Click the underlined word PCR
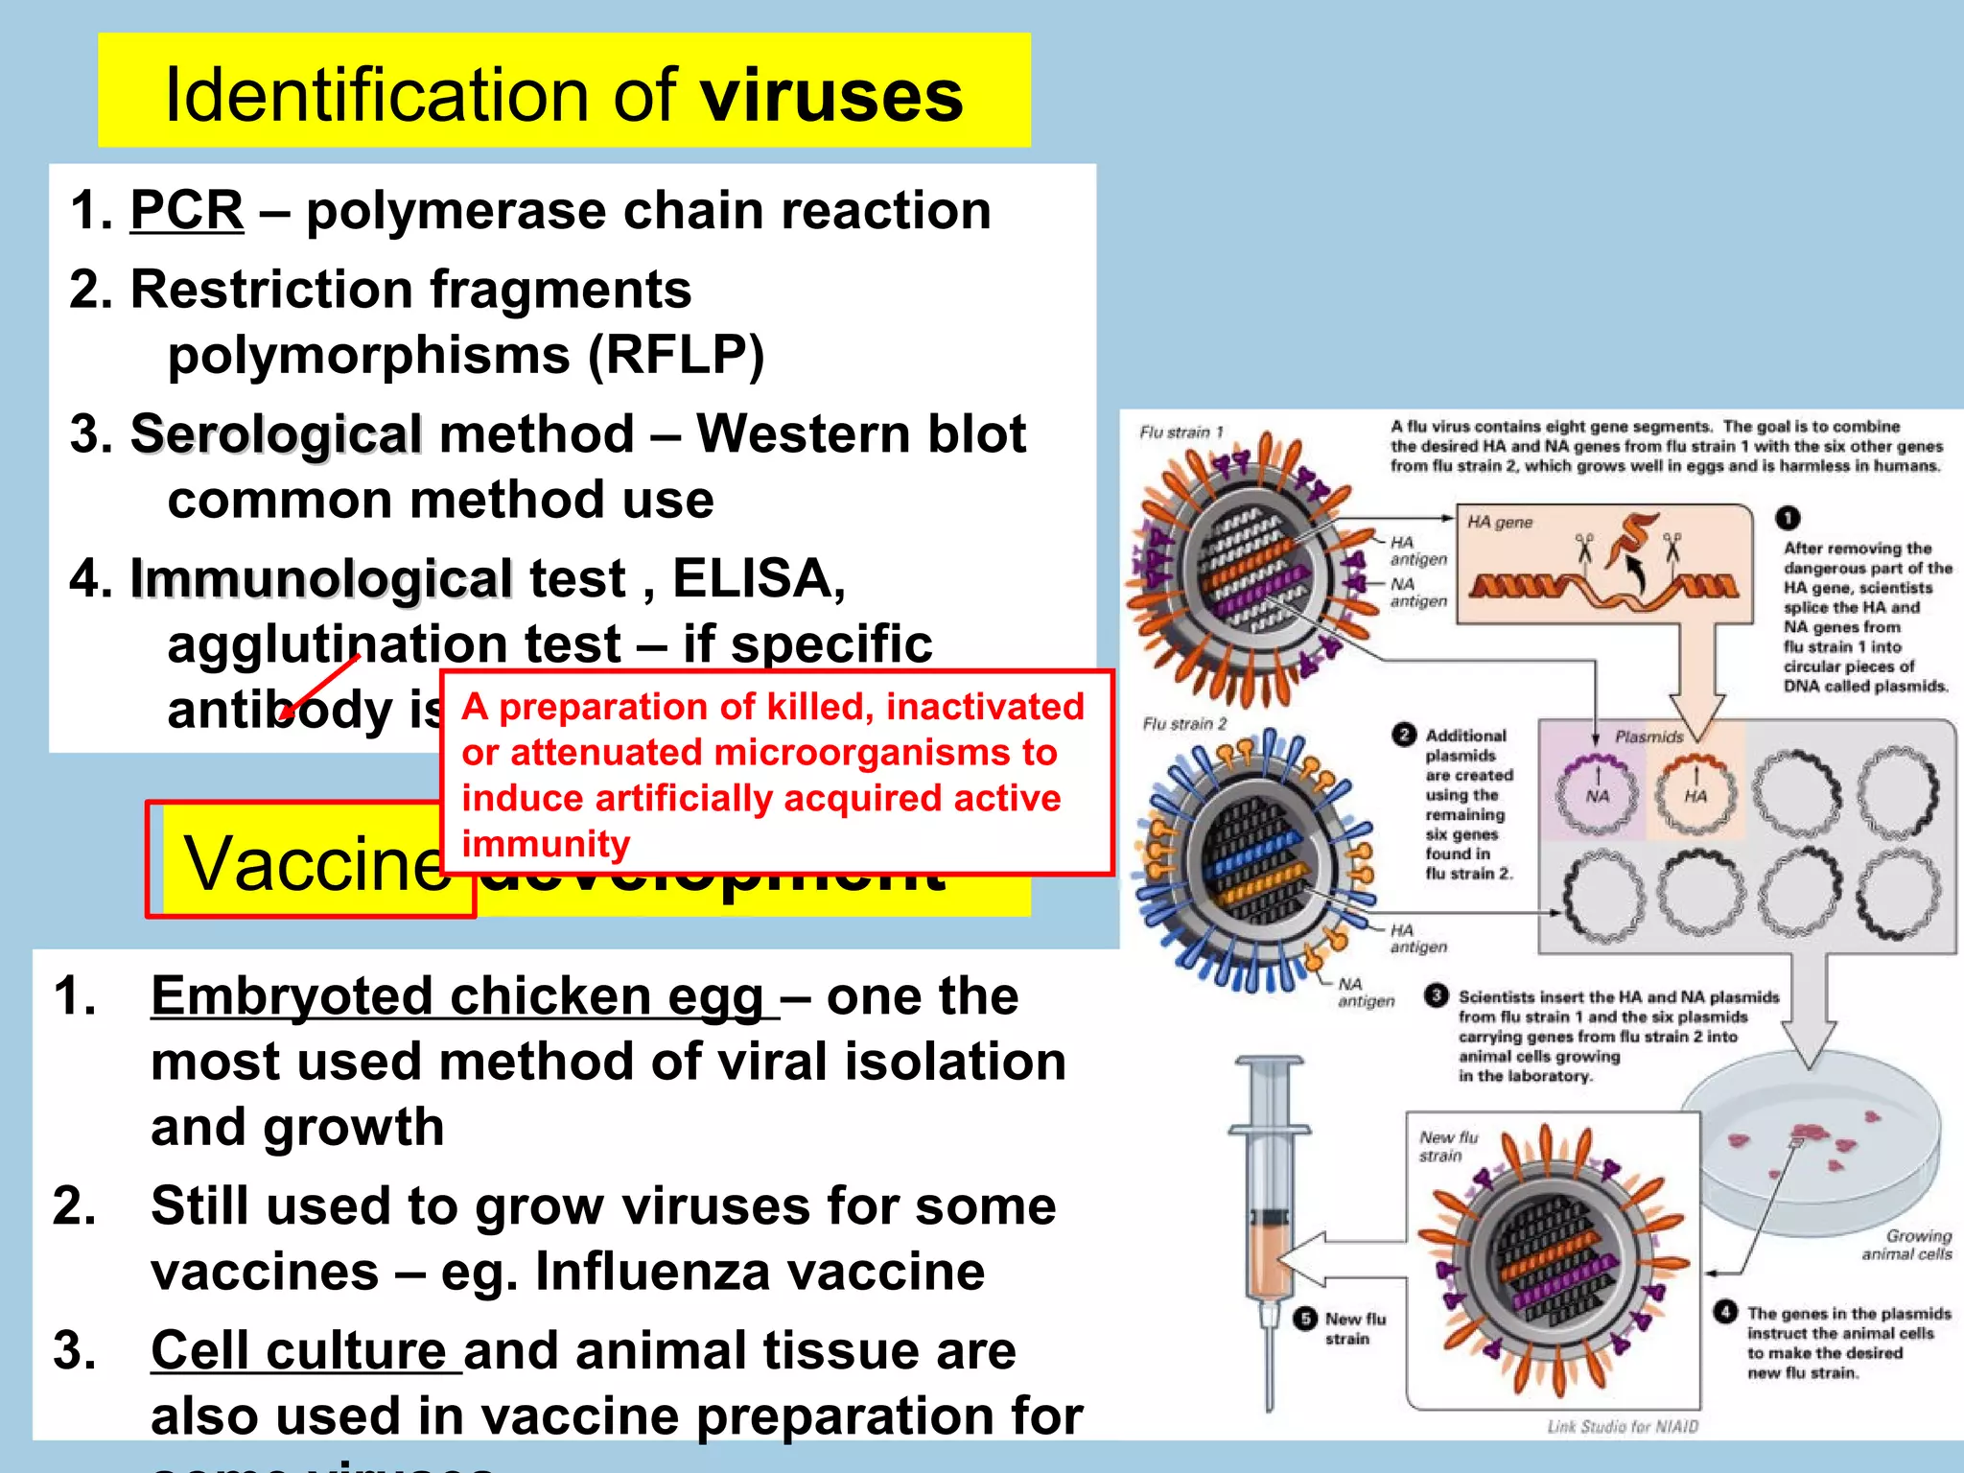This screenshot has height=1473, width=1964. [186, 210]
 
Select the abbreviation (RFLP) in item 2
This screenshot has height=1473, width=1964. [676, 356]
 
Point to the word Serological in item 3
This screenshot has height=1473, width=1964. [276, 434]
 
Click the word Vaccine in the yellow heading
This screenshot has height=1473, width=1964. [317, 863]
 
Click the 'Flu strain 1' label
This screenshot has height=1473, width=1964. [1181, 433]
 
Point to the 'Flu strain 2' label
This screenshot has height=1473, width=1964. [1183, 724]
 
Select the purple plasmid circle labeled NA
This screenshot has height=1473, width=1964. [1598, 793]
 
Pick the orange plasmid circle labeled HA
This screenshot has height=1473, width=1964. [1695, 793]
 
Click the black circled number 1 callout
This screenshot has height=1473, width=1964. [1788, 518]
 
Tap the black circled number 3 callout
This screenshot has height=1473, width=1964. [1436, 995]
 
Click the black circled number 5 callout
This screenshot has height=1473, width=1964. [1305, 1319]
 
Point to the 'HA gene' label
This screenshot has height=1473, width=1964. [1500, 523]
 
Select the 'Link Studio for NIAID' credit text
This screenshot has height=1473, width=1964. [1623, 1427]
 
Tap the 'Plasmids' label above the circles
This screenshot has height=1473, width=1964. [1648, 736]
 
